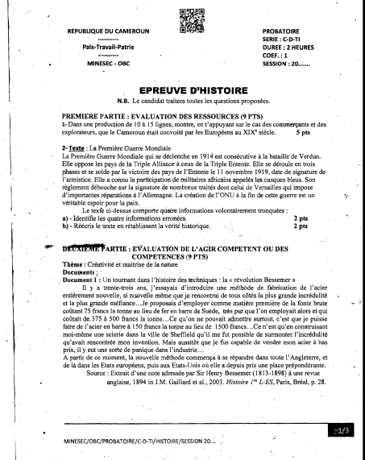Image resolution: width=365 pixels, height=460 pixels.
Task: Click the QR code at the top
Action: pyautogui.click(x=183, y=19)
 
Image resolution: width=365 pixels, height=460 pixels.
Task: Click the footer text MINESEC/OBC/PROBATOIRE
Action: pyautogui.click(x=139, y=441)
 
